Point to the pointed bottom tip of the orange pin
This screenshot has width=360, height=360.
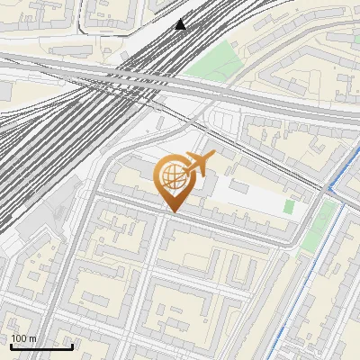(x=173, y=211)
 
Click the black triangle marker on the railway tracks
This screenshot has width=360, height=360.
(x=181, y=24)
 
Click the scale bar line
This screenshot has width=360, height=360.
(x=41, y=346)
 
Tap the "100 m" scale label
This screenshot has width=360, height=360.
(x=23, y=338)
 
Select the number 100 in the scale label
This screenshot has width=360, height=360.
(x=19, y=338)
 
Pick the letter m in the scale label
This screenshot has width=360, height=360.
(x=32, y=338)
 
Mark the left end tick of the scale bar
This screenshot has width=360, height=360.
(x=11, y=344)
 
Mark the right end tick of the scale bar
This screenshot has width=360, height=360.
(x=72, y=344)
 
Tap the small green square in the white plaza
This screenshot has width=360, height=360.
(x=289, y=206)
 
